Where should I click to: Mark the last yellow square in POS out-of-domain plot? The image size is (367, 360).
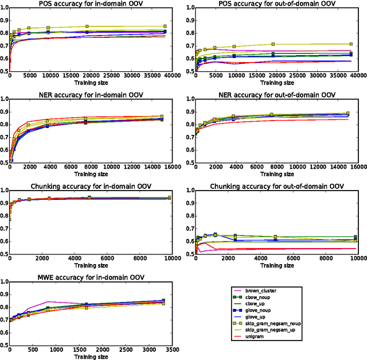(350, 44)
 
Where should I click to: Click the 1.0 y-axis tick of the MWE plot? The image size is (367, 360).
(4, 282)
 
